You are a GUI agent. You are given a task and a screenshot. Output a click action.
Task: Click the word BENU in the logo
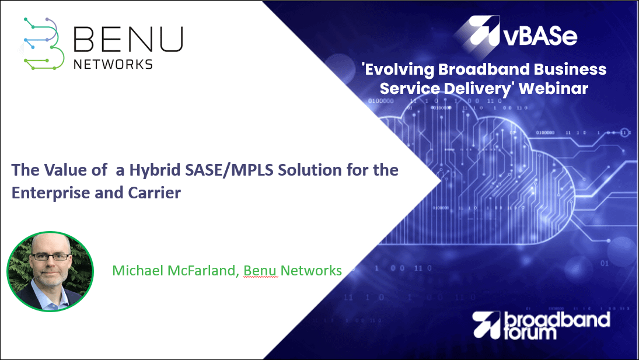coord(128,40)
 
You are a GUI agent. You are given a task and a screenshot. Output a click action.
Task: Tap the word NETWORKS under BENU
coord(113,64)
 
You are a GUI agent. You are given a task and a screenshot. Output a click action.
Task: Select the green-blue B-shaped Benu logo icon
coord(44,44)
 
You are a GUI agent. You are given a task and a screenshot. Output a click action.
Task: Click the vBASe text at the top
coord(540,36)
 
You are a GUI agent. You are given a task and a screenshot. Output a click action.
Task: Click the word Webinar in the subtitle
coord(553,88)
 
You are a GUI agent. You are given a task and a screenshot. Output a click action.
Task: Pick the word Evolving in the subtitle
coord(399,69)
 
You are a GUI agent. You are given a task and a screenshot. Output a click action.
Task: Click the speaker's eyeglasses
coord(51,257)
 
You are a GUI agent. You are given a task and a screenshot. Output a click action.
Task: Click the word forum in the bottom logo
coord(530,333)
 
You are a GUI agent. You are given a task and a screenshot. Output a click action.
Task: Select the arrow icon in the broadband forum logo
coord(486,324)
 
